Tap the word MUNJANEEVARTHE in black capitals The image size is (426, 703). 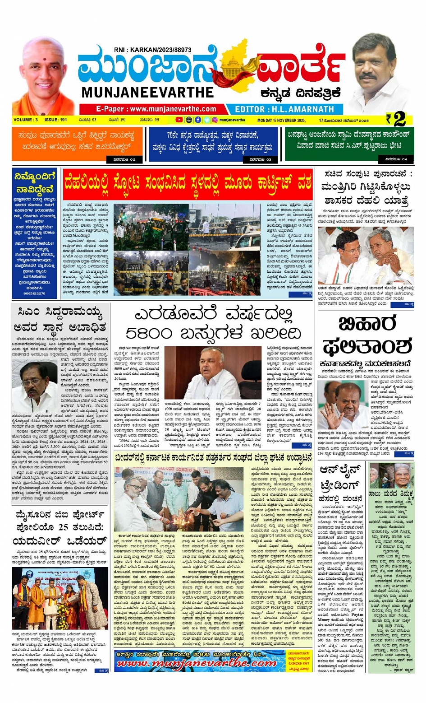tap(147, 93)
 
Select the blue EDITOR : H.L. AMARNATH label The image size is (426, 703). tap(284, 109)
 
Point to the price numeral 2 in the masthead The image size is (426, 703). tap(399, 119)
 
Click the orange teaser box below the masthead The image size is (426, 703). tap(77, 144)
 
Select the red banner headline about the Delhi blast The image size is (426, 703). tap(188, 185)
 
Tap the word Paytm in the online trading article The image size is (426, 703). tap(357, 615)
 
